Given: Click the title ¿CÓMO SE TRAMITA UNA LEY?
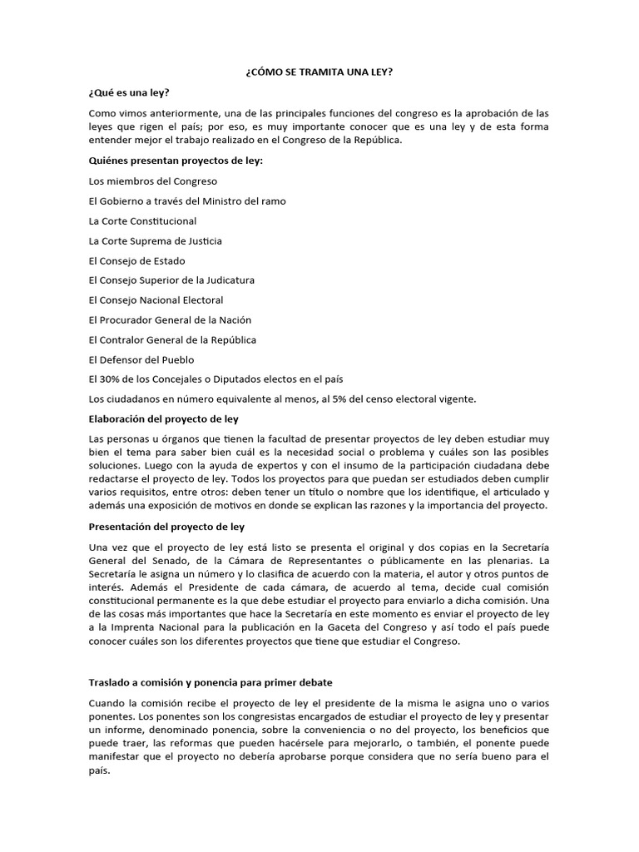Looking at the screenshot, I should click(x=319, y=72).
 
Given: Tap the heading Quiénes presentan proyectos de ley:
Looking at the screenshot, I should click(x=175, y=161).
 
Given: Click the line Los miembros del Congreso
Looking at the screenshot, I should click(x=152, y=181).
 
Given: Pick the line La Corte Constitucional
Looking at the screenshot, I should click(x=142, y=220).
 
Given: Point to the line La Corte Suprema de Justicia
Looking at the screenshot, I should click(x=155, y=240).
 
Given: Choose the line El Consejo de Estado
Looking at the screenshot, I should click(x=136, y=260).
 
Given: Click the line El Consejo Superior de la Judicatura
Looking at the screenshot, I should click(x=171, y=280).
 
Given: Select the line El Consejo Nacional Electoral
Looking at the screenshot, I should click(x=156, y=300).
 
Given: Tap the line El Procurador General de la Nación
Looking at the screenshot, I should click(x=170, y=319).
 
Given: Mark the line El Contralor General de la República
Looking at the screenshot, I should click(x=172, y=339).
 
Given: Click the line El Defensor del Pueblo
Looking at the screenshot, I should click(x=141, y=359).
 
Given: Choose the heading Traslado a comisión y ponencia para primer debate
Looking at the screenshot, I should click(x=211, y=682).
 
